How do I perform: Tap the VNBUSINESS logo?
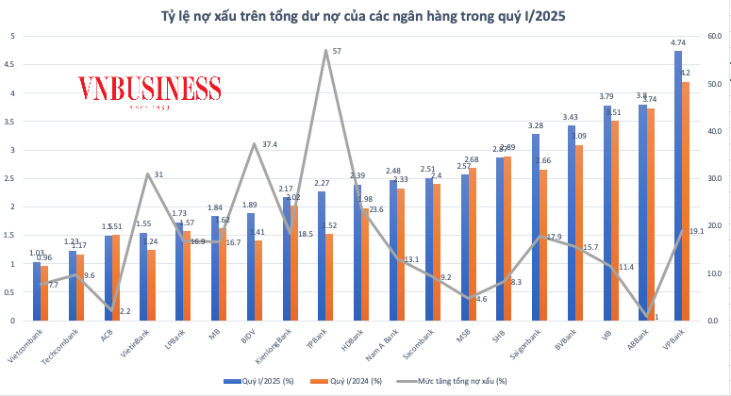[148, 90]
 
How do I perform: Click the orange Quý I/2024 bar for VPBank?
[687, 203]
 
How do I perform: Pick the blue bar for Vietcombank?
[37, 292]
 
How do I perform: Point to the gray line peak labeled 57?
[325, 51]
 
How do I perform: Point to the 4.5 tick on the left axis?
[11, 65]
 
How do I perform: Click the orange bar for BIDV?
[258, 281]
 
